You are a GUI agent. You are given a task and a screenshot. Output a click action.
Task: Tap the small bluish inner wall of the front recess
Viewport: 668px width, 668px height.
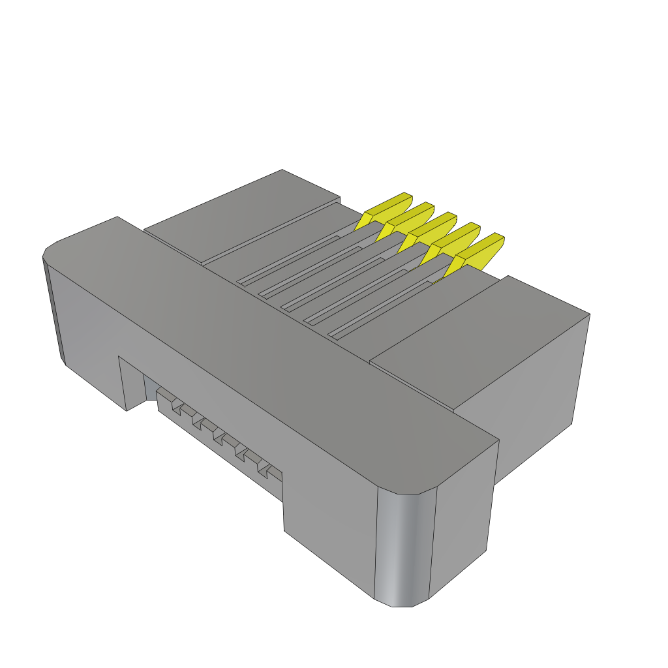pyautogui.click(x=150, y=387)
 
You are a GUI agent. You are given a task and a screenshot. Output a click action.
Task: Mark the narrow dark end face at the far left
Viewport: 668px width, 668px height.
pyautogui.click(x=53, y=307)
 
